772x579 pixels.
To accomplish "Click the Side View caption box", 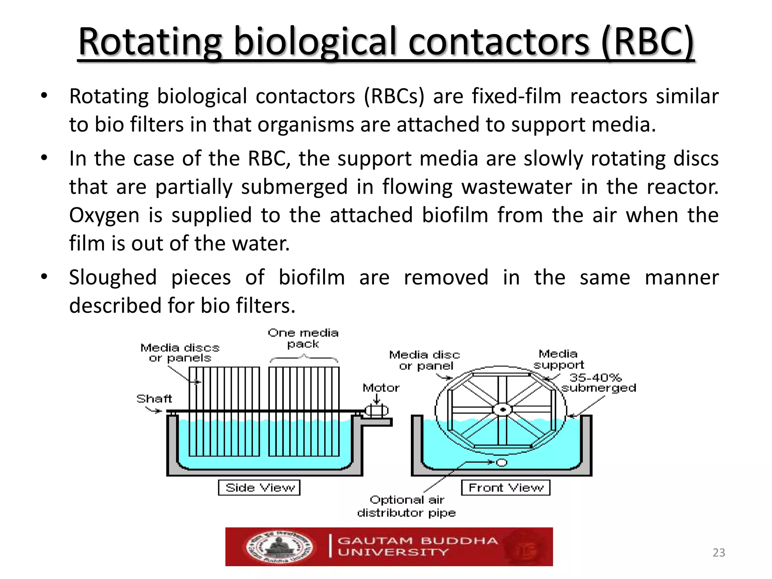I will [x=259, y=487].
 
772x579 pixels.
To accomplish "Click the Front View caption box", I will [x=505, y=487].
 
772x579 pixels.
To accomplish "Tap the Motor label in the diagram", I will [x=381, y=388].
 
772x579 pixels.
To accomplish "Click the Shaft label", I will [x=154, y=399].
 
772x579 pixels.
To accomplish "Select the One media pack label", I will [x=303, y=338].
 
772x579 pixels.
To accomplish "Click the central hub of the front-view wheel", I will [x=502, y=409].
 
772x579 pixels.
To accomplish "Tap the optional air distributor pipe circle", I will [x=501, y=462].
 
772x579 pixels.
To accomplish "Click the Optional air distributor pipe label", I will [x=406, y=506].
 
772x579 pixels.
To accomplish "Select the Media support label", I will [x=558, y=359].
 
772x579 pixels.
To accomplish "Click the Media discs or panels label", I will [x=180, y=352].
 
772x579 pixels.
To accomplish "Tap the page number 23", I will [x=718, y=553].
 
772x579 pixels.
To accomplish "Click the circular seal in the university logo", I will [x=280, y=547].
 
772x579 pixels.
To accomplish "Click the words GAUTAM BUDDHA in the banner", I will [x=417, y=541].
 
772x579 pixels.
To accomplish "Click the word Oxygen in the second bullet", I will [x=104, y=216].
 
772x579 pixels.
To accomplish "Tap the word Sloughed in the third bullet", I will [x=113, y=278].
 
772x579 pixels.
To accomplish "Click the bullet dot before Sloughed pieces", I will [x=44, y=277].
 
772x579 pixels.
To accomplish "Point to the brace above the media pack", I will [x=304, y=358].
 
